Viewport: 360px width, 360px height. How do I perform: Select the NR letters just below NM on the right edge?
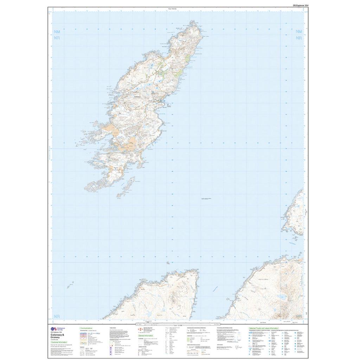(299, 38)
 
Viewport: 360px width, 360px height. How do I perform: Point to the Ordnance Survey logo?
(53, 328)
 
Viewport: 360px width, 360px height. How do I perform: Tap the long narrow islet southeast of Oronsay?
(127, 186)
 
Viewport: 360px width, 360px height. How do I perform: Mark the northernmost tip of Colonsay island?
(196, 26)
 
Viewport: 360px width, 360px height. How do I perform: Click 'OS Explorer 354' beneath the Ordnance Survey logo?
(53, 333)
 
